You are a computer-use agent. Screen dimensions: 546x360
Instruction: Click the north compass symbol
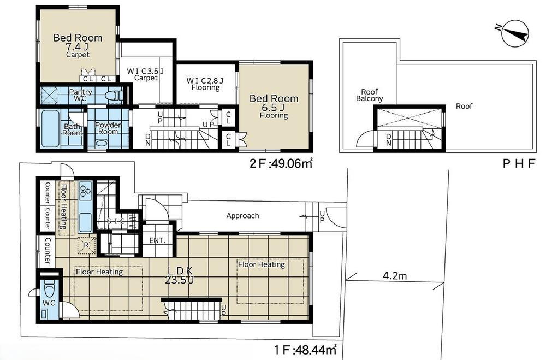[515, 33]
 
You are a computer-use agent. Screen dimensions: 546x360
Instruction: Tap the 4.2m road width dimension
[395, 276]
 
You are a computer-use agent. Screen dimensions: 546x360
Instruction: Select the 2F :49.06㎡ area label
[281, 163]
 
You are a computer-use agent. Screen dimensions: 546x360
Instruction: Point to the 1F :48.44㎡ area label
[305, 350]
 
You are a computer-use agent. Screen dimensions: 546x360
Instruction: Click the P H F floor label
[519, 163]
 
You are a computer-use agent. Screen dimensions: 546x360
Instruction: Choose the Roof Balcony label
[370, 95]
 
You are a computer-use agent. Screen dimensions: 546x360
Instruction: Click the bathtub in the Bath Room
[50, 128]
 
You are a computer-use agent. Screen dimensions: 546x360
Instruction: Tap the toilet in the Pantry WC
[115, 95]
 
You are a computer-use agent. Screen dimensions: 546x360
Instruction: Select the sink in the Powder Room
[102, 143]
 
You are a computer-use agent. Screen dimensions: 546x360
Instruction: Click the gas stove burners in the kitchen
[85, 190]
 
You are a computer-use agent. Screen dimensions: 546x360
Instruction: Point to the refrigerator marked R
[86, 245]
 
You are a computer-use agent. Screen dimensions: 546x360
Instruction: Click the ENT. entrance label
[157, 240]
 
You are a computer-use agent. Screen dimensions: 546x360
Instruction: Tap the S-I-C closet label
[116, 221]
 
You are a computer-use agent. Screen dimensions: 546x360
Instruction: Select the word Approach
[243, 216]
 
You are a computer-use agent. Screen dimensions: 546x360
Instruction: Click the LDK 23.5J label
[180, 275]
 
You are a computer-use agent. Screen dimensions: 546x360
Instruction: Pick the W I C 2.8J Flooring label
[205, 84]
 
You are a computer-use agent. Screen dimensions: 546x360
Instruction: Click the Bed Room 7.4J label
[78, 45]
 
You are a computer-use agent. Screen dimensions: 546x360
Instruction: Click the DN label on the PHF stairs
[389, 139]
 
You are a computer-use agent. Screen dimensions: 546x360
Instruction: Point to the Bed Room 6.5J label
[274, 106]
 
